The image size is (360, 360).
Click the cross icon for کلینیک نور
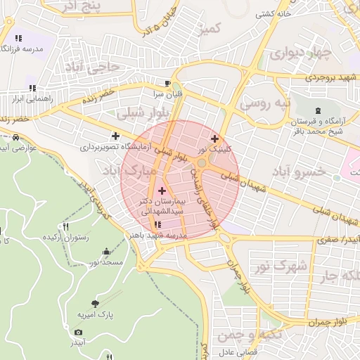[x=214, y=139]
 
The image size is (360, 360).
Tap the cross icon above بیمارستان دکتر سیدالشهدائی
[x=162, y=191]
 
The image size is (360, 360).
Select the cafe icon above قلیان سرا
[x=167, y=82]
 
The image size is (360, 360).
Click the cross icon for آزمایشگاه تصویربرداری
[x=115, y=136]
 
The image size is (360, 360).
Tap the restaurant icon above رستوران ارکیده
[x=66, y=226]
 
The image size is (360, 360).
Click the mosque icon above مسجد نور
[x=106, y=251]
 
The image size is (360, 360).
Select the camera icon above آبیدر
[x=78, y=332]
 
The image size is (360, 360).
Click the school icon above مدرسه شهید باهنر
[x=157, y=225]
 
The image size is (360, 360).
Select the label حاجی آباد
[x=99, y=67]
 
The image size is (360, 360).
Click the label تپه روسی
[x=265, y=103]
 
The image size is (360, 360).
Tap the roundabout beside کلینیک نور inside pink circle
[x=202, y=163]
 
